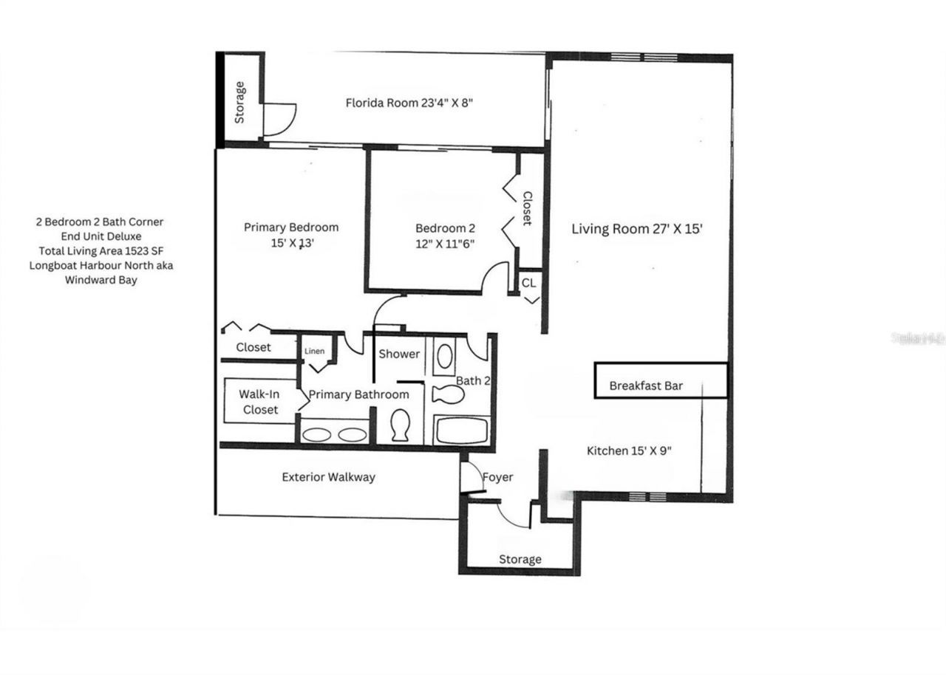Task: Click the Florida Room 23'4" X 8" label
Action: point(409,103)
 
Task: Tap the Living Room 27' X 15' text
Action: point(636,228)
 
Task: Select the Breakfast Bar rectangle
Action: point(661,381)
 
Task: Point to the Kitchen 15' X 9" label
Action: point(629,450)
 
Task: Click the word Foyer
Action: point(497,477)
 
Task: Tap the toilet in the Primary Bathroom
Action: point(400,425)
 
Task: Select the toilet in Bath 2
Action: point(448,394)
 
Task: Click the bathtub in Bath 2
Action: point(462,431)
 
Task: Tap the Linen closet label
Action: point(314,351)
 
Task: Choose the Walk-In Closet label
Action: point(259,402)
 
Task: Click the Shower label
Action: point(399,354)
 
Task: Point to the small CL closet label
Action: point(528,283)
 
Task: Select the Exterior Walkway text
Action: point(328,477)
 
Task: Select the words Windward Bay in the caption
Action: point(101,280)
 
